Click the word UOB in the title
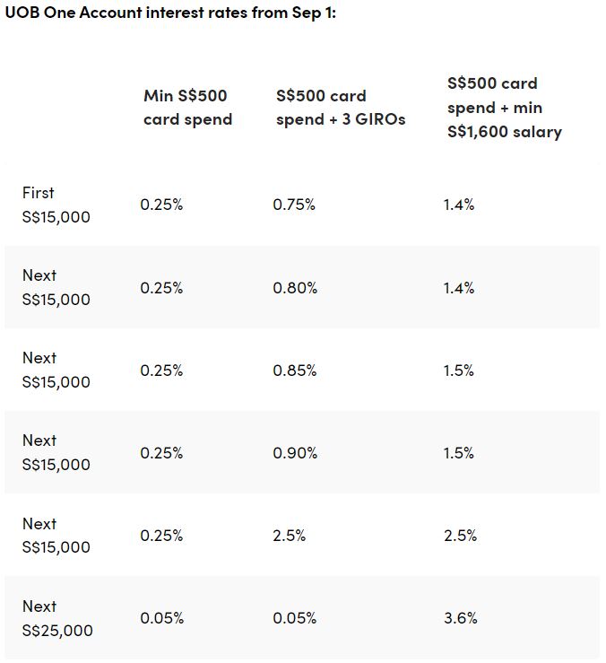coord(22,13)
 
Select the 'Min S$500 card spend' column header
coord(187,108)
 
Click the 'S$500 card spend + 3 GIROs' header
coord(341,108)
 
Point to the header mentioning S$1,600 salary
coord(505,108)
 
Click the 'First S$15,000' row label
coord(56,205)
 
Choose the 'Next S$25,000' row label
coord(57,618)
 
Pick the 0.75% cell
coord(294,205)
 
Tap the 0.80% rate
coord(295,288)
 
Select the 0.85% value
coord(295,371)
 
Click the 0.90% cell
coord(295,453)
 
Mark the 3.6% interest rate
coord(460,618)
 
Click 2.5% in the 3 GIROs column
coord(289,536)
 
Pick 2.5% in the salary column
coord(460,536)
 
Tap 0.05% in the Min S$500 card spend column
coord(162,618)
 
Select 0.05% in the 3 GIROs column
coord(295,618)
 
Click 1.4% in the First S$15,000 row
coord(459,205)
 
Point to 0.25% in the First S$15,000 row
coord(161,205)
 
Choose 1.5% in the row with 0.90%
coord(459,453)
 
